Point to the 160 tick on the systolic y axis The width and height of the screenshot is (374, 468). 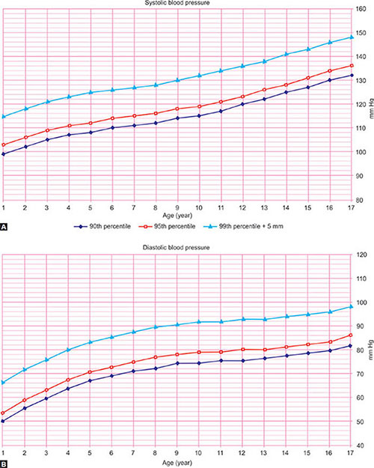[361, 10]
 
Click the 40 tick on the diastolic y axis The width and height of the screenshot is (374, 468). [361, 446]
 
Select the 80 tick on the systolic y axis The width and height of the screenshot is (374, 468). [361, 200]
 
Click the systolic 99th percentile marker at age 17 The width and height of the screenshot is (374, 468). [351, 37]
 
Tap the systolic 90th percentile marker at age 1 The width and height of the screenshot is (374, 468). [4, 154]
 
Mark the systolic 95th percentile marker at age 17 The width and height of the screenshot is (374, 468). [351, 65]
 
